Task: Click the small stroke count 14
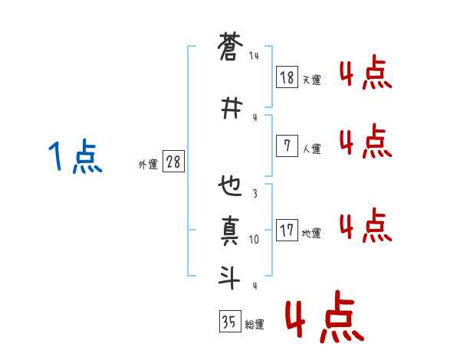pos(254,56)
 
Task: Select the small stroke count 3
pos(255,194)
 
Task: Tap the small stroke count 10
pos(255,239)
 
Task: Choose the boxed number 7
pos(287,146)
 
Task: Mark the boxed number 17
pos(287,230)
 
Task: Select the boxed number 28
pos(173,162)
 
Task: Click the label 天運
pos(311,80)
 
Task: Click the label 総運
pos(255,325)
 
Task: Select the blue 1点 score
pos(74,158)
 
